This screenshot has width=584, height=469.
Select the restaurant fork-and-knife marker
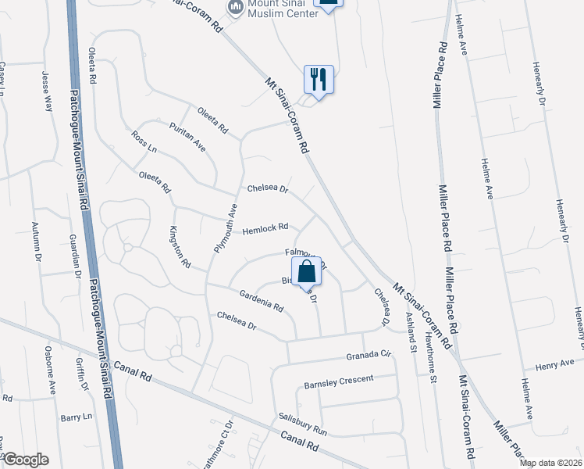[319, 79]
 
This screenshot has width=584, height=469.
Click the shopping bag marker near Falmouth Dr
[307, 272]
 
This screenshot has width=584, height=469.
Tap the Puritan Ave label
[187, 135]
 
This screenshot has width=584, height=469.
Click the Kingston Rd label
[180, 247]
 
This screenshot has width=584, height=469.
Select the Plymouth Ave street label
[225, 227]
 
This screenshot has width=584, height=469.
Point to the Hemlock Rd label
[265, 229]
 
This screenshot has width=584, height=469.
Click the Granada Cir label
[368, 356]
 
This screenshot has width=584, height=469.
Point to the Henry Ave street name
[555, 365]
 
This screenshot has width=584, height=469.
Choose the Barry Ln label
[77, 417]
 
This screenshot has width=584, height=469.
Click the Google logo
[25, 460]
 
